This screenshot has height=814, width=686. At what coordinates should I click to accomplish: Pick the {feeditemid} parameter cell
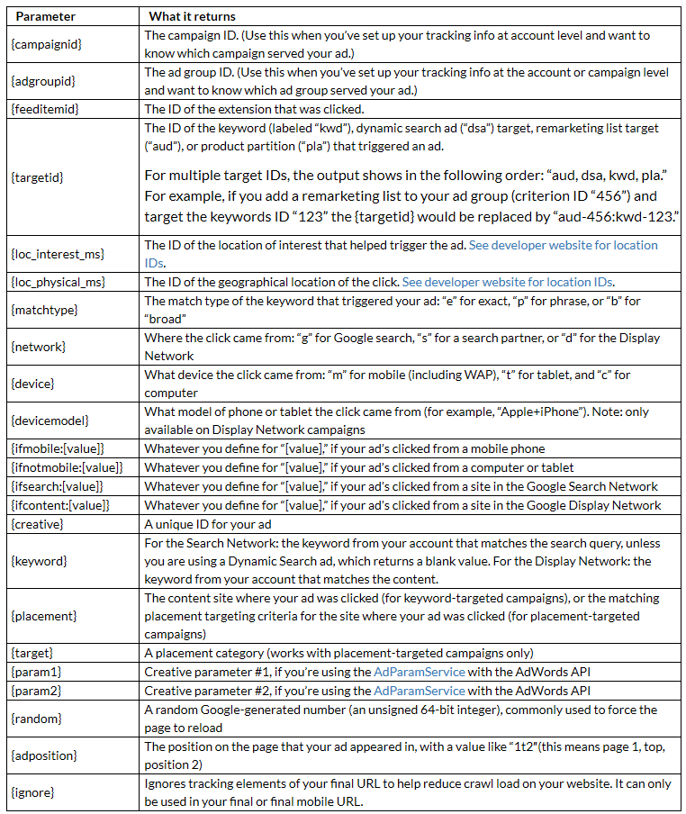coord(46,110)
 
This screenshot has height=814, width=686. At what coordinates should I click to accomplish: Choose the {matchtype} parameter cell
coord(45,310)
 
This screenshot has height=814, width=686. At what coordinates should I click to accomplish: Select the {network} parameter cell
coord(41,347)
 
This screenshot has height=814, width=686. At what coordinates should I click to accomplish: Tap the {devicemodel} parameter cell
coord(50,421)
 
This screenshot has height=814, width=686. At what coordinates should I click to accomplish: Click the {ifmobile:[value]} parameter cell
coord(59,448)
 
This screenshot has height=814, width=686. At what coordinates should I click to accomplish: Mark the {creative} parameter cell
coord(41,524)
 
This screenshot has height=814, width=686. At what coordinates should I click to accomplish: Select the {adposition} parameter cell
coord(47,755)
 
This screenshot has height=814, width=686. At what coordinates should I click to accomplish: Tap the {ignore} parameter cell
coord(38,792)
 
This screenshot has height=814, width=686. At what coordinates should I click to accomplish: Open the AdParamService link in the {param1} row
coord(420,673)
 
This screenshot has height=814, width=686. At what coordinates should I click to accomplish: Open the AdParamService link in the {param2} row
coord(420,691)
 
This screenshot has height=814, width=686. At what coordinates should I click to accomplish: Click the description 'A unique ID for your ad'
coord(208,524)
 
